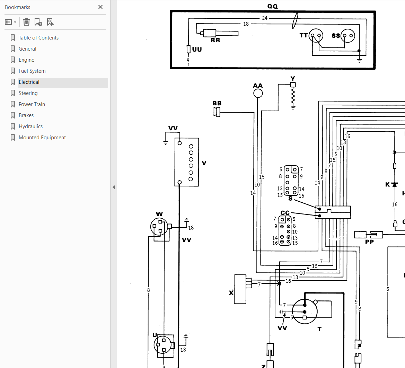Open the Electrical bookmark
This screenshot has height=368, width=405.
(29, 82)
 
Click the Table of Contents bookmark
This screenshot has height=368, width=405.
(38, 38)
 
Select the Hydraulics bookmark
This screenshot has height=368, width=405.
(30, 126)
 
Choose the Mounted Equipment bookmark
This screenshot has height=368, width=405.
(42, 138)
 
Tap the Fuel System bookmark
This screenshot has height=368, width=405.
(32, 71)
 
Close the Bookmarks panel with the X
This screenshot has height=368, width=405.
(100, 7)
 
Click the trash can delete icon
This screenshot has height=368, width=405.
(26, 22)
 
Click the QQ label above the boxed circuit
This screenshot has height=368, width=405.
(273, 6)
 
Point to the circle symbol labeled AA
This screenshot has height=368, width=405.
(258, 93)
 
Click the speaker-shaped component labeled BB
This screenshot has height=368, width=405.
(217, 112)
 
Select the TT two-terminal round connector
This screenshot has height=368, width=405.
(316, 36)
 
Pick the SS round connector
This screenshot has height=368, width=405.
(347, 36)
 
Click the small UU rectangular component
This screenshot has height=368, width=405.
(188, 49)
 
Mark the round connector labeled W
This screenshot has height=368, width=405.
(159, 227)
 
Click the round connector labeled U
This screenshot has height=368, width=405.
(162, 345)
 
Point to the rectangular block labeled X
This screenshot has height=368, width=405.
(240, 289)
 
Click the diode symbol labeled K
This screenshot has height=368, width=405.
(394, 184)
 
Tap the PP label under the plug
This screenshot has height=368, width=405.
(369, 242)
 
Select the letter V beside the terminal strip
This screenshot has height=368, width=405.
(204, 163)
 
